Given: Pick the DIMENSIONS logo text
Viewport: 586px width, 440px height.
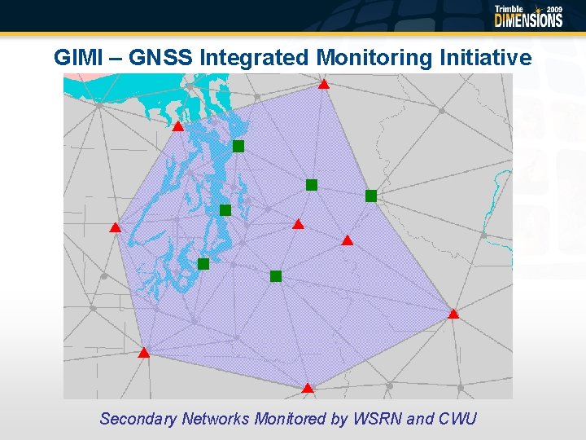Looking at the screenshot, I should tap(528, 20).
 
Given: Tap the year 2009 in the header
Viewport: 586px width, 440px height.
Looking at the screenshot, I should tap(554, 10).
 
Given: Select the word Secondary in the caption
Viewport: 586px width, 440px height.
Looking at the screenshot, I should tap(138, 419).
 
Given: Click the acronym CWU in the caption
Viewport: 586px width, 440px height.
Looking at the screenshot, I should tap(457, 419).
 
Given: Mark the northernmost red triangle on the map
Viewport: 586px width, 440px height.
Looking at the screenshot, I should tap(323, 84).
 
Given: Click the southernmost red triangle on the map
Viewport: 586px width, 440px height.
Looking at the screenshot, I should tap(308, 389).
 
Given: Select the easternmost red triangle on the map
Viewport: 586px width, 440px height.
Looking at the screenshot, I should tap(453, 314).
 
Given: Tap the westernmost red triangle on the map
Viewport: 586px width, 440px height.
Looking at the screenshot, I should tap(116, 227).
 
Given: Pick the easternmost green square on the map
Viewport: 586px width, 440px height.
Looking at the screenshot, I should tap(371, 196).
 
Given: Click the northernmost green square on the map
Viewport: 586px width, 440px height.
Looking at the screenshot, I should tap(238, 146).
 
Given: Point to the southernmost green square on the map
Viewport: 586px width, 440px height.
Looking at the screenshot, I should tap(276, 276).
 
